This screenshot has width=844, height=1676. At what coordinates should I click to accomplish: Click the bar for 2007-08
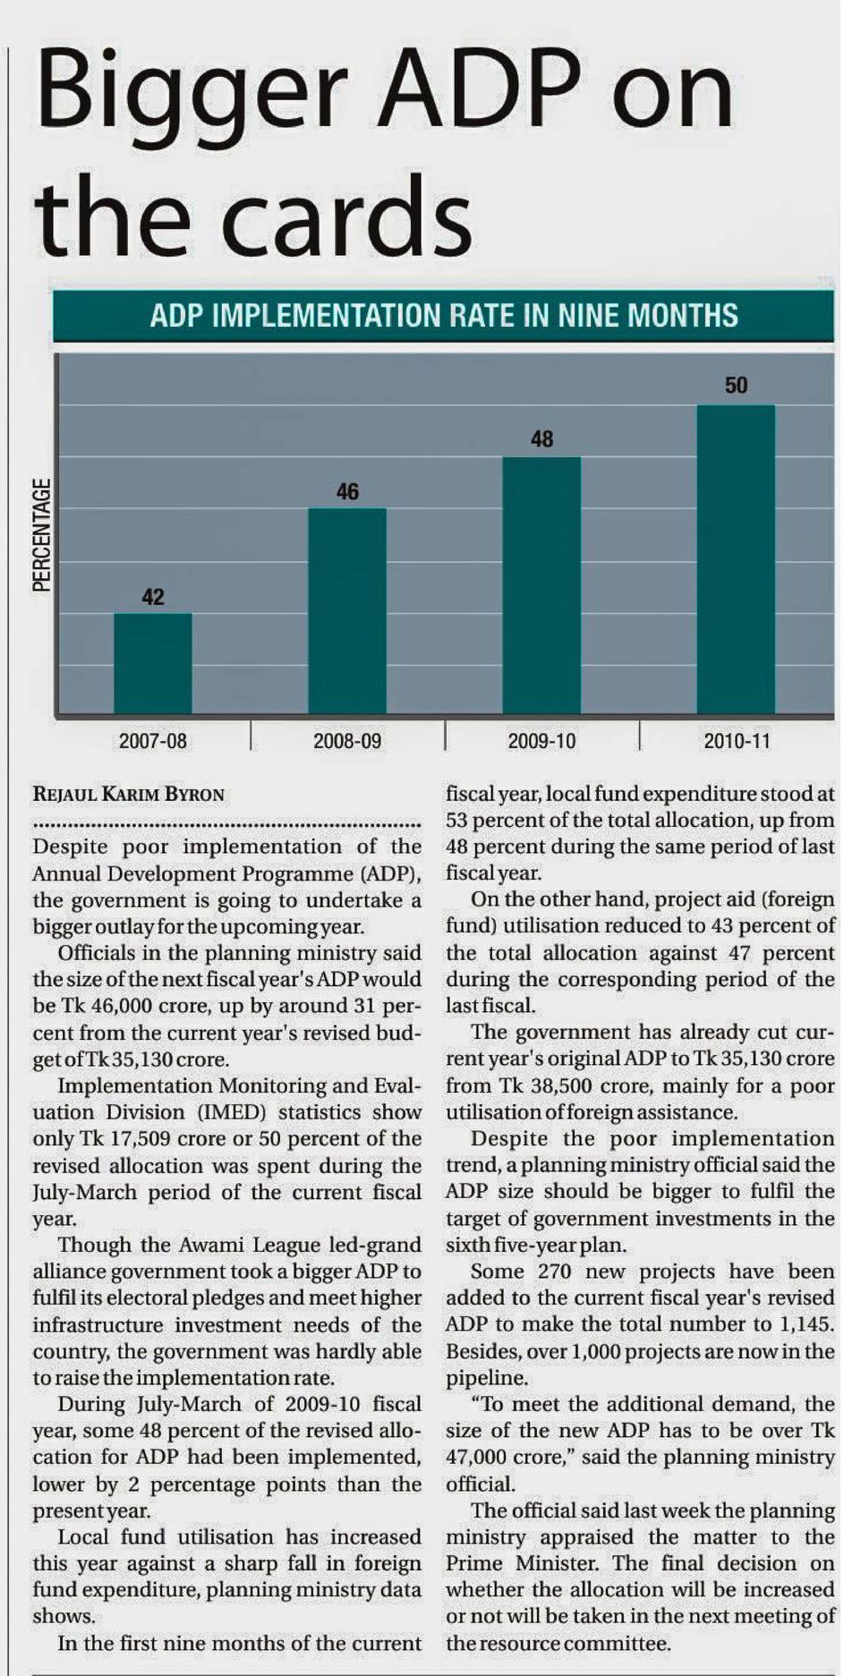coord(153,663)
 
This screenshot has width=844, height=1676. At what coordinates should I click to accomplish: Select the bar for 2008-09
coord(347,610)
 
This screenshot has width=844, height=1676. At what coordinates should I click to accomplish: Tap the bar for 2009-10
coord(541,585)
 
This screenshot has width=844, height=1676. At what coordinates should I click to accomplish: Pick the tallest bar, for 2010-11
coord(736,559)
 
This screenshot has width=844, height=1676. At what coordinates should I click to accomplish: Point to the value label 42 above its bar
coord(153,597)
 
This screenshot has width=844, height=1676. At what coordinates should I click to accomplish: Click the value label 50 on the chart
coord(736,386)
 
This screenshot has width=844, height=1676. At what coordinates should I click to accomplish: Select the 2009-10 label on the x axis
coord(541,741)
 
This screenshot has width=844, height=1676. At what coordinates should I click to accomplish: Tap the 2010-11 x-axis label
coord(737,741)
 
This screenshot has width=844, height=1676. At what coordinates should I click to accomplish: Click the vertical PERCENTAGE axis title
coord(41,535)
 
